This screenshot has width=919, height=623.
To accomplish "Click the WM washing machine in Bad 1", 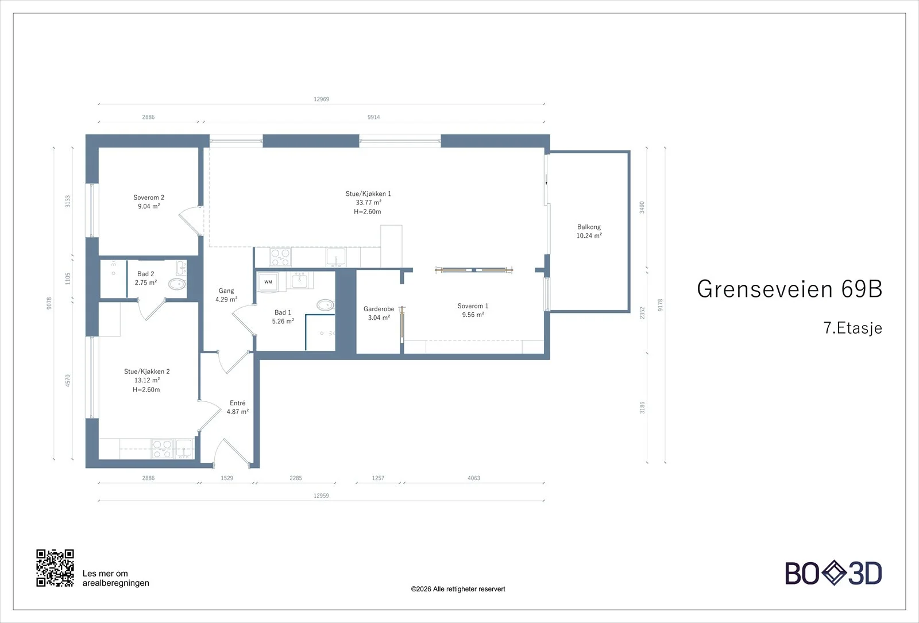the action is tap(268, 282).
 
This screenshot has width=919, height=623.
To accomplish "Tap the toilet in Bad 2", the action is tap(177, 284).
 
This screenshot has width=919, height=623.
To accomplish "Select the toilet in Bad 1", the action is tap(325, 305).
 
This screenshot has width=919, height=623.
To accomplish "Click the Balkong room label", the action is tap(589, 227).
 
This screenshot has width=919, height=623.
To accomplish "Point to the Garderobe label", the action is tap(379, 309).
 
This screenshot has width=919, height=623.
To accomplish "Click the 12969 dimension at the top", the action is tap(321, 99).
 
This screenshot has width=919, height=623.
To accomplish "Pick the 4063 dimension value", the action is tap(474, 478).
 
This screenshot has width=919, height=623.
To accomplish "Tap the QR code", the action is tap(55, 568).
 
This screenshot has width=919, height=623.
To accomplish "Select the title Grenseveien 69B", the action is tap(789, 289).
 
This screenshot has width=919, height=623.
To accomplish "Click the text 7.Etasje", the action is tap(852, 328).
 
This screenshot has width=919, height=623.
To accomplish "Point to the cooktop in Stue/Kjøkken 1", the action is tap(280, 258).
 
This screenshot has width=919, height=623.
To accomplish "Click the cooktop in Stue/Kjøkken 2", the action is tap(161, 448).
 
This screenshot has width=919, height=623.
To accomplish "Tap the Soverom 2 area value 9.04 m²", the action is tap(149, 206).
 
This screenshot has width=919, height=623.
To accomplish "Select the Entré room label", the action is tap(238, 403).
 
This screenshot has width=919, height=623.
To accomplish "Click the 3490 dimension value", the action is tap(642, 207).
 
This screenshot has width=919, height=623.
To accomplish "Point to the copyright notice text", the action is tap(458, 589).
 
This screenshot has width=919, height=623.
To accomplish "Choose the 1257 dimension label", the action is tap(378, 478).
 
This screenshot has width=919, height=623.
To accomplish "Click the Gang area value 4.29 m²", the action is tap(226, 299).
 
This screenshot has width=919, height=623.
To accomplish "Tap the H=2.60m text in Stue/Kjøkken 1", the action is tap(367, 212).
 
